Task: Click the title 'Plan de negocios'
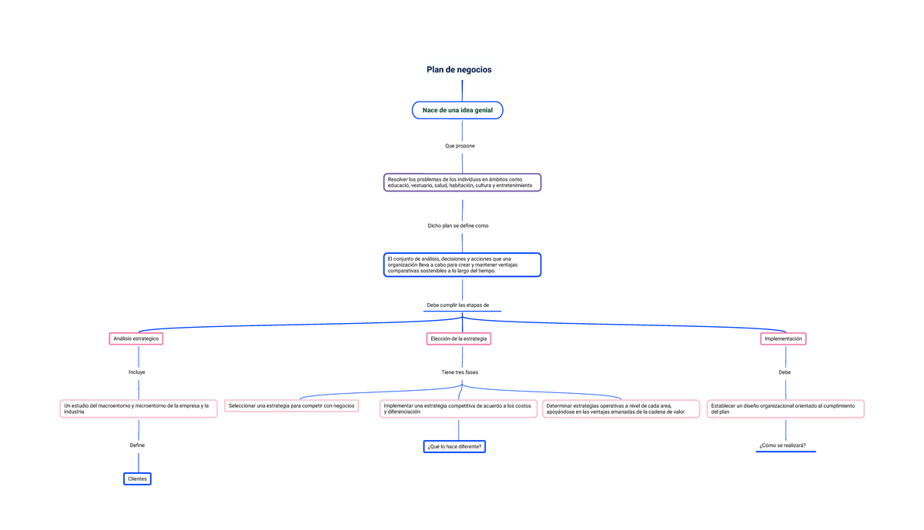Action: click(459, 70)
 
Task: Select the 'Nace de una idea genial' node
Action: click(457, 110)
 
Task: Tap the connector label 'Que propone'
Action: click(460, 146)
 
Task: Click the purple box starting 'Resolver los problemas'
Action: click(463, 182)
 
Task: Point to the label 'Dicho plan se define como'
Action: click(458, 226)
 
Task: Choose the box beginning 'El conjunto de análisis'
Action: click(463, 265)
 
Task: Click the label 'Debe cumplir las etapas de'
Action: click(458, 305)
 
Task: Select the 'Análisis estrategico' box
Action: click(136, 338)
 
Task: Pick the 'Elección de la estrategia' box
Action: click(459, 338)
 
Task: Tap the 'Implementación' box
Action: click(783, 338)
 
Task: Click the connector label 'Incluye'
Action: click(137, 372)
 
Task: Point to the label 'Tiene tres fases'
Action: click(460, 372)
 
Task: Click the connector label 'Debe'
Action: click(785, 372)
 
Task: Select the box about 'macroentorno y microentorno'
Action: click(139, 408)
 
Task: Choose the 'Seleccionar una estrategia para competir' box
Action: click(292, 406)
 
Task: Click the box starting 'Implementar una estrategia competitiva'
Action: click(459, 408)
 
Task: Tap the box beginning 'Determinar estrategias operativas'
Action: click(621, 408)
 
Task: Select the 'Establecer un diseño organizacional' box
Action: click(786, 408)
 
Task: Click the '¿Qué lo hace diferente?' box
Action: click(454, 447)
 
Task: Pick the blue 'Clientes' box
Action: click(137, 479)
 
